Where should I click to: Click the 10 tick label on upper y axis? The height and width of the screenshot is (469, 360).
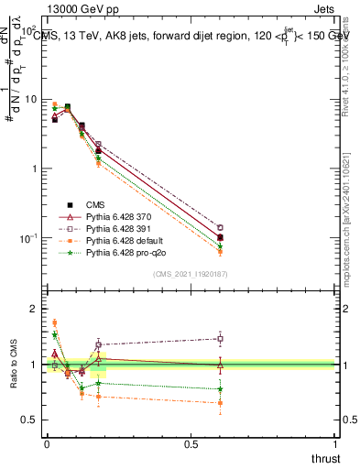tap(31, 99)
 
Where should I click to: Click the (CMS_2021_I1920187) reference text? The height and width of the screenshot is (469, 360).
tap(190, 273)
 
